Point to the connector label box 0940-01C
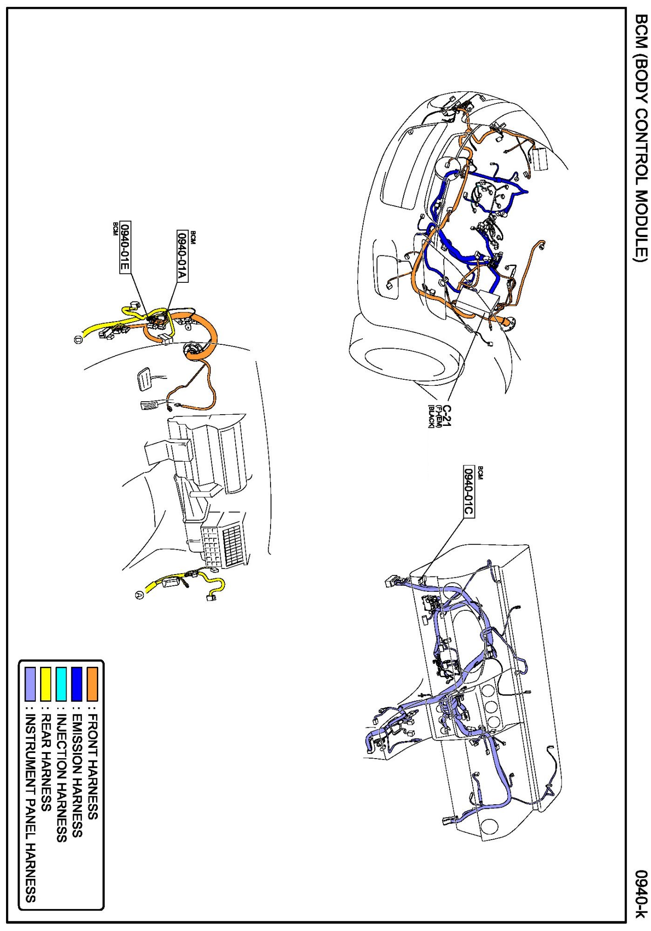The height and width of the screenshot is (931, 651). pos(468,491)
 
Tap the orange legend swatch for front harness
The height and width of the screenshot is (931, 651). pos(92,684)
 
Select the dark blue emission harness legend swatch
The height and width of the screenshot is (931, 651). pos(77,684)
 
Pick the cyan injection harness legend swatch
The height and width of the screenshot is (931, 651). pos(61,684)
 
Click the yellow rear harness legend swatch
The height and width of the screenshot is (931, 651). pos(46,684)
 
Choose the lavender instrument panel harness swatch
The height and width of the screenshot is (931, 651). pos(30,684)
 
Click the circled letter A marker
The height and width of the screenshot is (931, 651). pos(139,595)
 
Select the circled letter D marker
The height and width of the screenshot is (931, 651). pos(78,340)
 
